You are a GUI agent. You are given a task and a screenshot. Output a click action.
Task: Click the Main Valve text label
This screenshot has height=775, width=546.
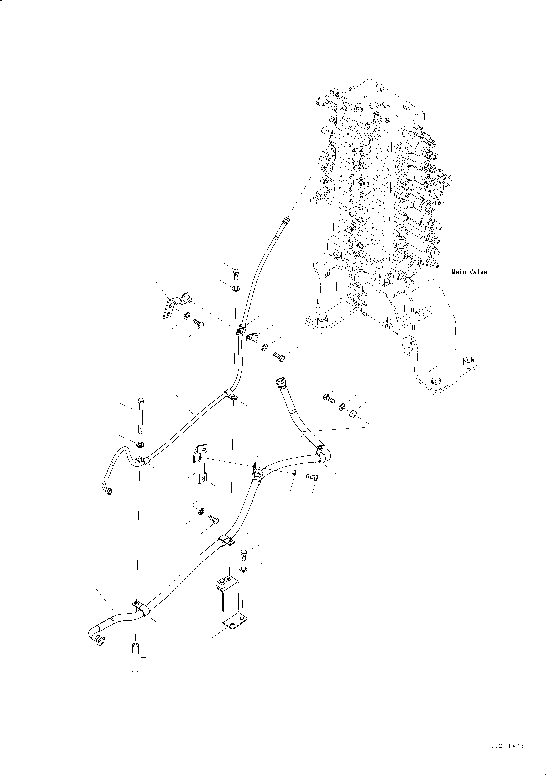pos(469,272)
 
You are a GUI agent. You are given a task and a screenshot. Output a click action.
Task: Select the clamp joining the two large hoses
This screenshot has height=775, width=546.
pos(256,472)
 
